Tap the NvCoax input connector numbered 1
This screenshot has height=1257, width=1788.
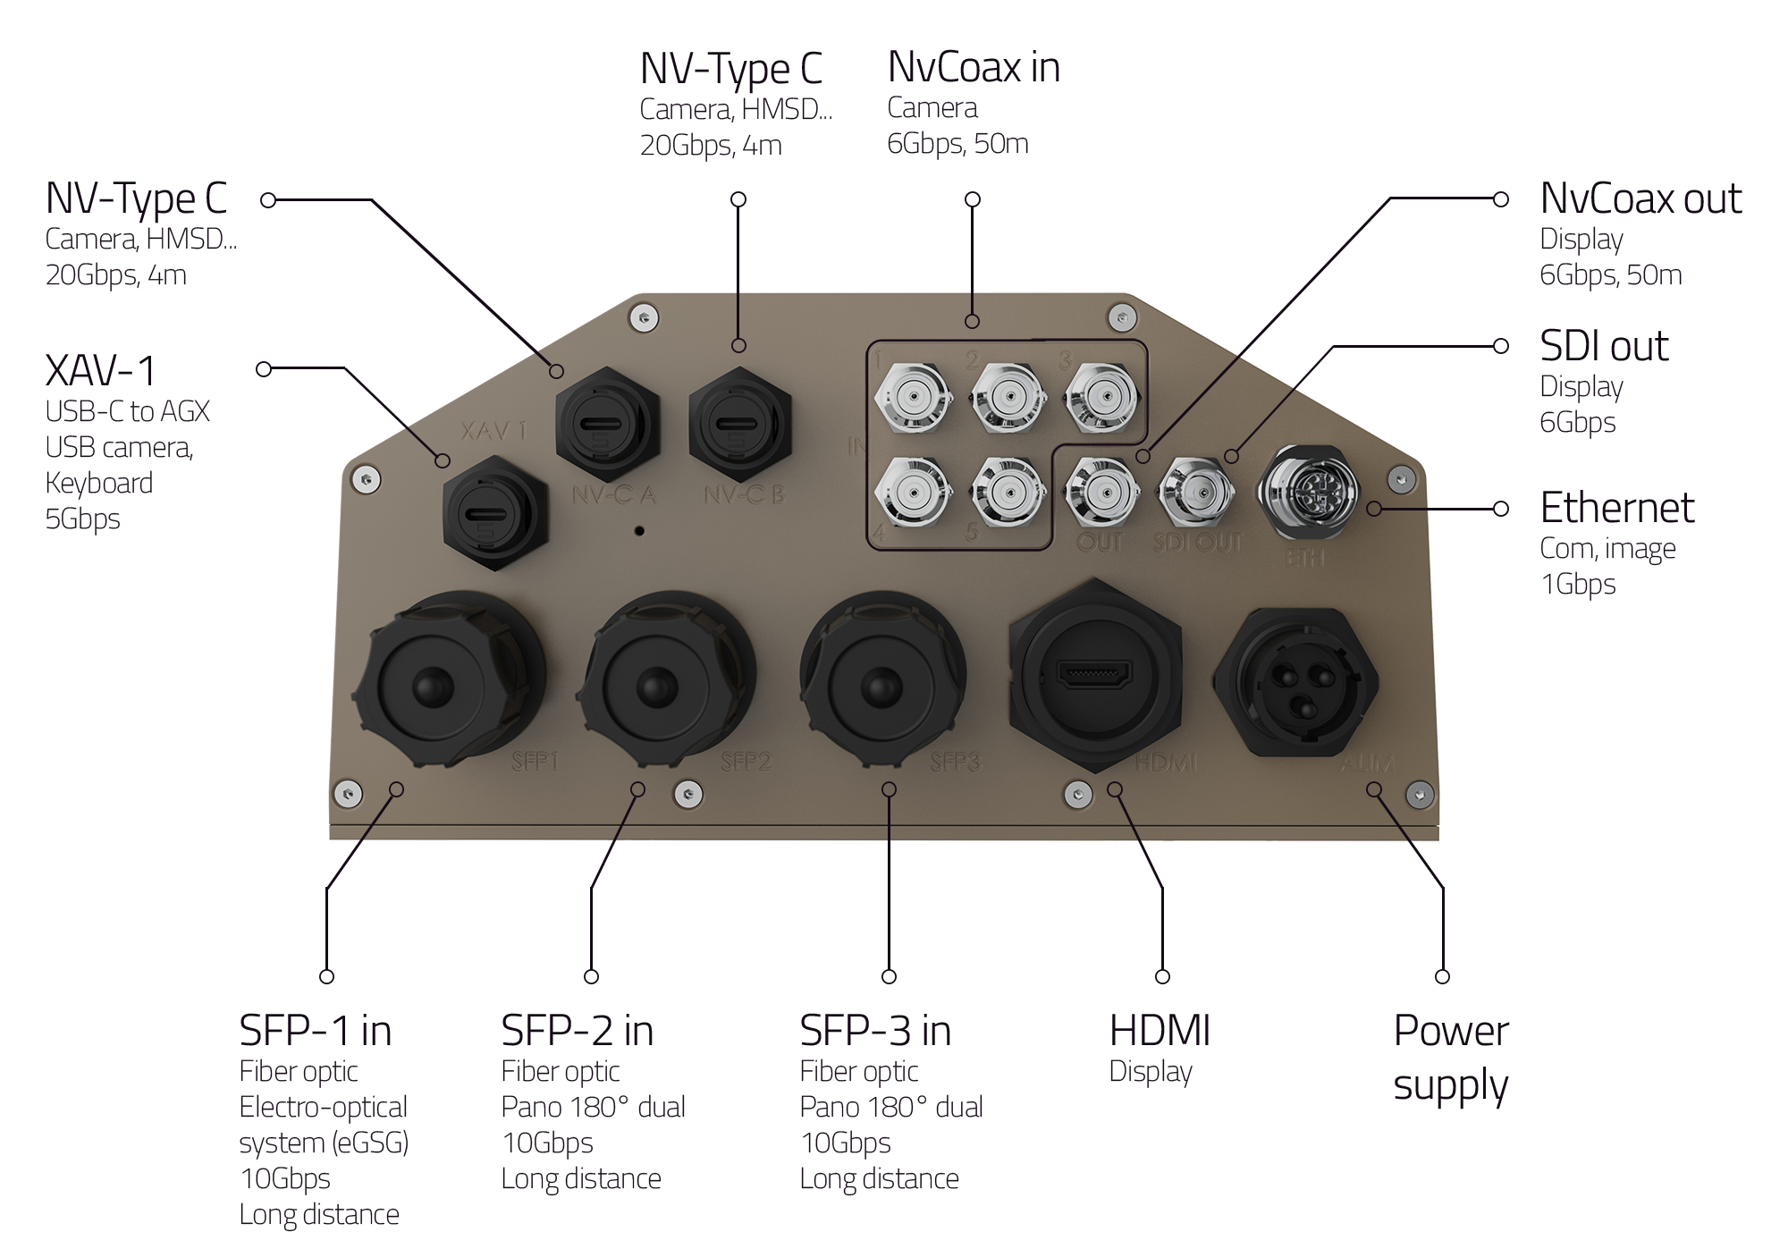913,395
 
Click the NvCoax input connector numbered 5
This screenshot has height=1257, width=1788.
1008,491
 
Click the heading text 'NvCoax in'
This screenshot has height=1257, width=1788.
974,68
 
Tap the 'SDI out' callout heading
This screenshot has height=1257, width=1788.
1604,347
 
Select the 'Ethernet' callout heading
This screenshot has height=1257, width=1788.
1616,509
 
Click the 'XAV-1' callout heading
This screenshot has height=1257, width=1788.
101,370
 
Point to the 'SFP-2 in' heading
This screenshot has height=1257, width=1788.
577,1031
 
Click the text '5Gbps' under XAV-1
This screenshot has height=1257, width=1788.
82,519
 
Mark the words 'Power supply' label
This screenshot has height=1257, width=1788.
1450,1059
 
